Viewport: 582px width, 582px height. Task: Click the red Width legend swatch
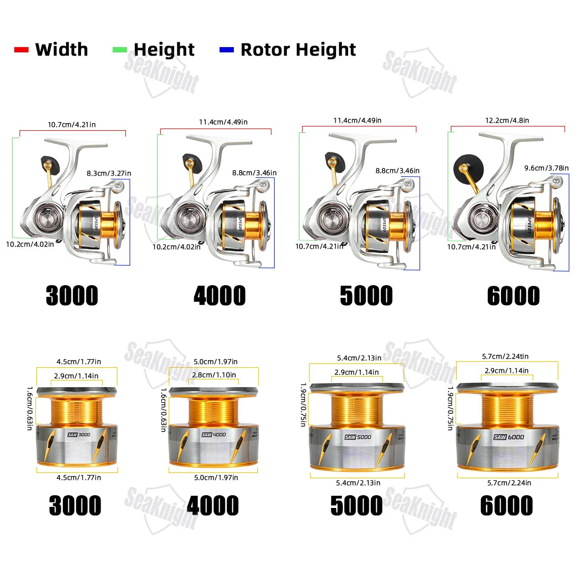(x=21, y=50)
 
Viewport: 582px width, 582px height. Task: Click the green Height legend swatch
(x=120, y=50)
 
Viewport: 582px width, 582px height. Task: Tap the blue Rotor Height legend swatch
(x=226, y=50)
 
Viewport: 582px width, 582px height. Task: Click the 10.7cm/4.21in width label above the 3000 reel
(x=72, y=125)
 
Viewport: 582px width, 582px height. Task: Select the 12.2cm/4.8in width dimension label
(x=507, y=121)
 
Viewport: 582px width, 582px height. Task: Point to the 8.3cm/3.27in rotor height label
(x=109, y=173)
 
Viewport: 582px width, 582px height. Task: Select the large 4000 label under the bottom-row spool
(x=213, y=506)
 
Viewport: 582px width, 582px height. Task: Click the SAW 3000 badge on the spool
(x=79, y=434)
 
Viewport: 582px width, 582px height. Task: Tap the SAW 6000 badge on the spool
(x=509, y=437)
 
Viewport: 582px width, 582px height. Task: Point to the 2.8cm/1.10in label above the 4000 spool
(x=214, y=375)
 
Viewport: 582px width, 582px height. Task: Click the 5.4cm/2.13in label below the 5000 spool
(x=358, y=483)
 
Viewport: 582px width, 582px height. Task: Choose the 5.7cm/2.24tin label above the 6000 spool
(x=505, y=357)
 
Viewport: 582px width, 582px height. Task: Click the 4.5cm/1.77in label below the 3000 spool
(x=79, y=478)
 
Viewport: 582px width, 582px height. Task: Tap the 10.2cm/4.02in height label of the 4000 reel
(x=177, y=247)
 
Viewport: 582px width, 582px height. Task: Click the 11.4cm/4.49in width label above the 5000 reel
(x=357, y=121)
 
